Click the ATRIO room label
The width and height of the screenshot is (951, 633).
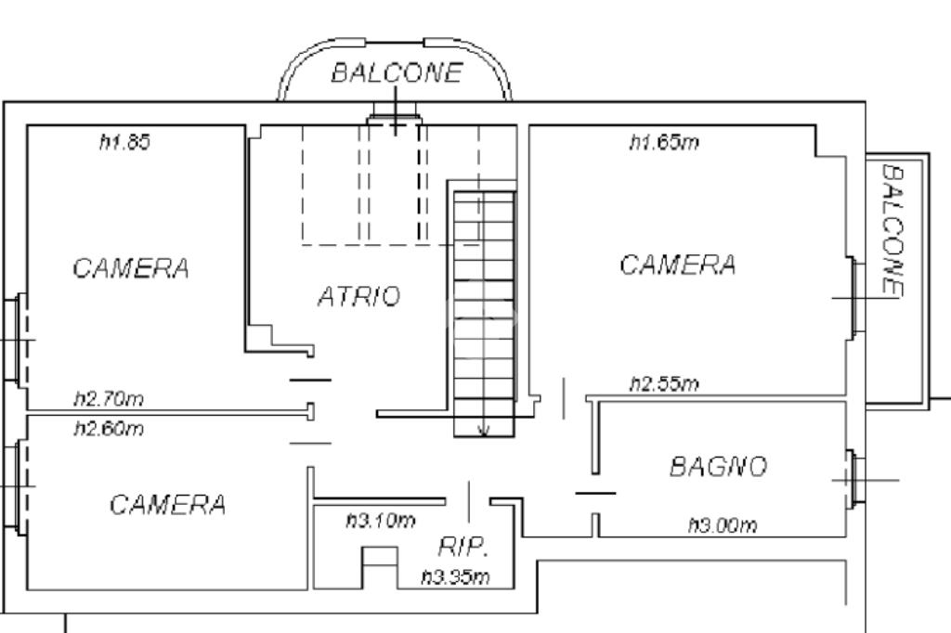(358, 297)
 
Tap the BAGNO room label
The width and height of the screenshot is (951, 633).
(718, 466)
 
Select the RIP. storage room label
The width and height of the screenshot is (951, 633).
(462, 546)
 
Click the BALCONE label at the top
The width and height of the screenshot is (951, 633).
(396, 73)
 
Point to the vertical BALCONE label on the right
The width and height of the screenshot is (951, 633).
(892, 231)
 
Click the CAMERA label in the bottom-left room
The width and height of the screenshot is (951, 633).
(167, 505)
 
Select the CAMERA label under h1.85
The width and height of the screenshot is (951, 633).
(131, 268)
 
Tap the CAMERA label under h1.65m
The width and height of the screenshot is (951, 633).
(678, 265)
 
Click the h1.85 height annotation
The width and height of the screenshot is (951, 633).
(124, 142)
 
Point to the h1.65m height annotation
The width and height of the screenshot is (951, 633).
(663, 142)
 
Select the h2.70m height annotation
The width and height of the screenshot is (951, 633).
(109, 399)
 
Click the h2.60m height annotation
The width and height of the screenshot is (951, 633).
(109, 429)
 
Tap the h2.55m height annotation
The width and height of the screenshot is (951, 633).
(664, 383)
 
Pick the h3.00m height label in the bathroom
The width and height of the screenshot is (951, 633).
(723, 525)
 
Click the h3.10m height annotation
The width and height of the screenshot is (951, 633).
(381, 521)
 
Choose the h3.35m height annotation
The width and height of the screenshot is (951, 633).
(455, 577)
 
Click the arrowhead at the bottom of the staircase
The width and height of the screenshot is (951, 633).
(484, 430)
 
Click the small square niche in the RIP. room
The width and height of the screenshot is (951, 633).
(379, 566)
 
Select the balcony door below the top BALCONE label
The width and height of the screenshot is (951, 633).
(396, 118)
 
